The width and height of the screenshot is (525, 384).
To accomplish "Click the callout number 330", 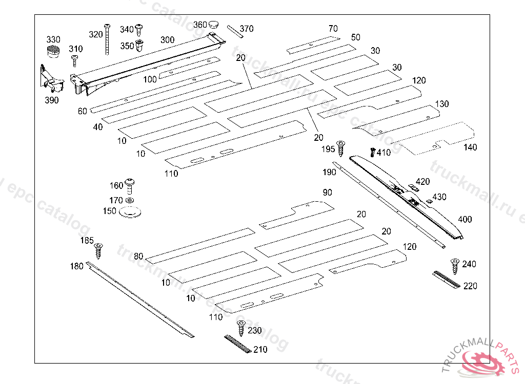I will (x=53, y=39).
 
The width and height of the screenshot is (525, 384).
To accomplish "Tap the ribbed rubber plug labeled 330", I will (x=52, y=52).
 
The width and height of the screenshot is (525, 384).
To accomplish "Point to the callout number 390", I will (x=51, y=100).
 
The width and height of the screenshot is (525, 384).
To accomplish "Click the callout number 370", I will (x=247, y=29).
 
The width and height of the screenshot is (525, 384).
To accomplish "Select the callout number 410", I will (x=383, y=153).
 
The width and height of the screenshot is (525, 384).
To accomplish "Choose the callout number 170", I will (x=116, y=200).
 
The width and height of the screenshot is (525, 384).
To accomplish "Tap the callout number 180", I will (x=76, y=266).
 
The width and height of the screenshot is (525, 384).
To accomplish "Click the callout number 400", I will (x=465, y=220).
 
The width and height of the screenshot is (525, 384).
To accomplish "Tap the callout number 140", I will (x=470, y=147).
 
